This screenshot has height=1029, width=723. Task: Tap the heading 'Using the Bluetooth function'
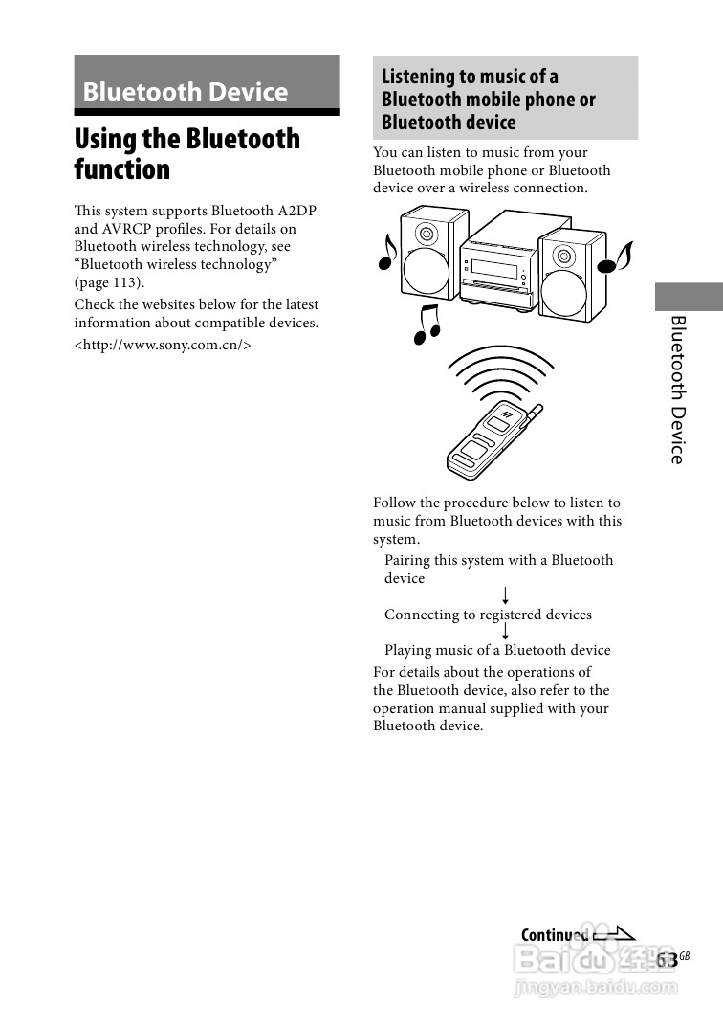tap(187, 154)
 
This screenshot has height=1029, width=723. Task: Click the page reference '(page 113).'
tap(109, 282)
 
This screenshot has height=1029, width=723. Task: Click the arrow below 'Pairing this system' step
tap(504, 596)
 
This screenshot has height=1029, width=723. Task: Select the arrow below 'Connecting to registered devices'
tap(504, 632)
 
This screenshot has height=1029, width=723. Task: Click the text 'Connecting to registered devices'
tap(488, 615)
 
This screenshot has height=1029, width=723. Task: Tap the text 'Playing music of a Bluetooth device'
tap(497, 650)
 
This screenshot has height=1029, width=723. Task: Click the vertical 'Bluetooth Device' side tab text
tap(678, 389)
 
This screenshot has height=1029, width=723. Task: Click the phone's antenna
tap(537, 415)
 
